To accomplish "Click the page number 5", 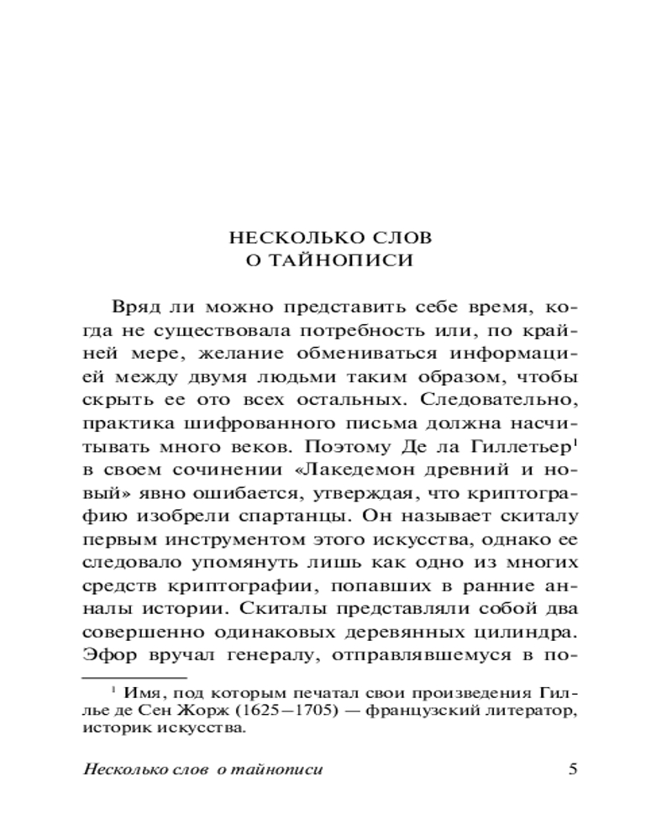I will point(573,769).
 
